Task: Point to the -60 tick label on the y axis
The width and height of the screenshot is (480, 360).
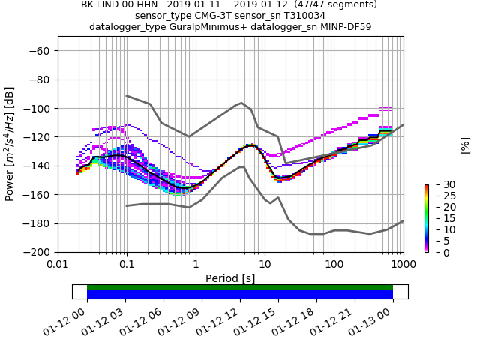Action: click(x=39, y=51)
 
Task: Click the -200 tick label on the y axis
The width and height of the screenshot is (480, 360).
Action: click(x=37, y=253)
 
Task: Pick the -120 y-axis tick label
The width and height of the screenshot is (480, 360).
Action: click(x=37, y=137)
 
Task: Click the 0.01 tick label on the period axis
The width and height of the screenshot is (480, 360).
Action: click(x=58, y=265)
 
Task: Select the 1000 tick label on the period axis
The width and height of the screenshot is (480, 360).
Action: click(x=403, y=265)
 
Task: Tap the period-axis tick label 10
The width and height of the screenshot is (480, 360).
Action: click(x=265, y=265)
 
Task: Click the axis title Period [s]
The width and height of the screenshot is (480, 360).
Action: click(x=230, y=278)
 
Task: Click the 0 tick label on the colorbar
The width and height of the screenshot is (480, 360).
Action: click(x=438, y=253)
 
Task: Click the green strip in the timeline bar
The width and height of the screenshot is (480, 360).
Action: click(x=240, y=287)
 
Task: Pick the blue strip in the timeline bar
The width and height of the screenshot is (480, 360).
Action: click(x=240, y=295)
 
